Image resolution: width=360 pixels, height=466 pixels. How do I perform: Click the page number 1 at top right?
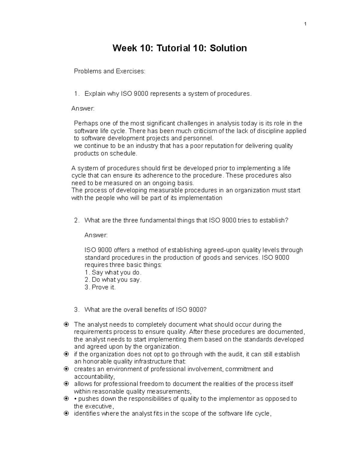click(305, 24)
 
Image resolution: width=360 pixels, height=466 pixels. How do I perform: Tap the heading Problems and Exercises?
click(109, 71)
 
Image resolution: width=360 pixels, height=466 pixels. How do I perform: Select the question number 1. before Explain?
click(77, 94)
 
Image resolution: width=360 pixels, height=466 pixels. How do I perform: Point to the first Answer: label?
click(83, 109)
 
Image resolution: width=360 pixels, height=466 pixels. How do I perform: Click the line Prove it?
click(100, 287)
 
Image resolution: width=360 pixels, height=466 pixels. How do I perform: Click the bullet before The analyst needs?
click(66, 324)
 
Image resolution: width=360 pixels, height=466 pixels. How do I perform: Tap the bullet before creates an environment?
click(66, 369)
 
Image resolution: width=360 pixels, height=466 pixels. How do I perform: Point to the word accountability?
click(94, 377)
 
